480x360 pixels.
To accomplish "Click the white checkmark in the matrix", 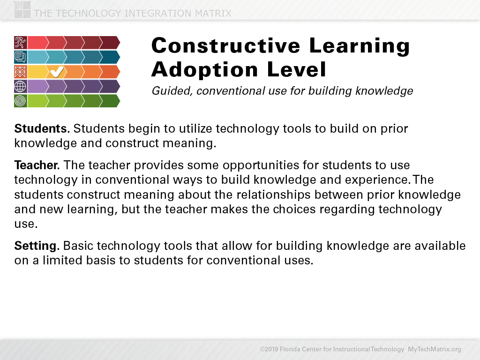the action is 57,72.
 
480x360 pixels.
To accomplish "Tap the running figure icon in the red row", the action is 20,43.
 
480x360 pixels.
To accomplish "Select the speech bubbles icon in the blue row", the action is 20,57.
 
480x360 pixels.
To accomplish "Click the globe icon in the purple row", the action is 20,86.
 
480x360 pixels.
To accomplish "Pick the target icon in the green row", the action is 20,101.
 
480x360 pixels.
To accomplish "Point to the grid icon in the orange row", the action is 20,72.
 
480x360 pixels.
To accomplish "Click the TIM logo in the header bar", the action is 22,9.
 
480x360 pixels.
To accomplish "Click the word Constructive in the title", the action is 226,45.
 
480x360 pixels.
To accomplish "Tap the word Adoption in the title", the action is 205,69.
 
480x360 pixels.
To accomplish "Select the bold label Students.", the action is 42,128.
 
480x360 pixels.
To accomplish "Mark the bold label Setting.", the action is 37,246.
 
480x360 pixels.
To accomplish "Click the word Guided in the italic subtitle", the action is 172,91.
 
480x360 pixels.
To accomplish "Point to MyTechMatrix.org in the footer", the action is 435,349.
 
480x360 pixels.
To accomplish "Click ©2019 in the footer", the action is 269,349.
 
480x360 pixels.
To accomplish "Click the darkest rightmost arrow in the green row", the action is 110,101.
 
